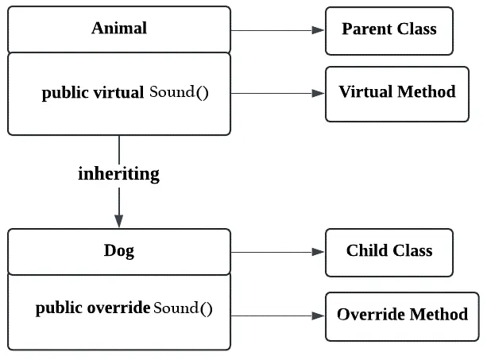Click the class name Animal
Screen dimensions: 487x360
tap(119, 28)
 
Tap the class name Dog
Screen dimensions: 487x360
tap(119, 250)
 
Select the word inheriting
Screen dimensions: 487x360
tap(118, 174)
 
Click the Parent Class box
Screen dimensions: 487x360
tap(389, 31)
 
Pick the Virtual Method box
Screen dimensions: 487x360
tap(397, 94)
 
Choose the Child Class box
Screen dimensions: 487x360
tap(389, 253)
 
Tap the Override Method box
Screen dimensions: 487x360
tap(402, 316)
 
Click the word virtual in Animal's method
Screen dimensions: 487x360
tap(118, 92)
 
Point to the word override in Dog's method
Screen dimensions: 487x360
tap(118, 308)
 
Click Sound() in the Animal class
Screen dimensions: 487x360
tap(179, 92)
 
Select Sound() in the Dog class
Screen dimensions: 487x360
tap(183, 308)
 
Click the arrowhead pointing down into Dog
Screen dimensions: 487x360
tap(119, 221)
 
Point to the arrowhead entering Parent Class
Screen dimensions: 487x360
tap(318, 30)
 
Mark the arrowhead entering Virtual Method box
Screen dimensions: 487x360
tap(318, 93)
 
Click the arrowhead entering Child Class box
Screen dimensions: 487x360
tap(318, 252)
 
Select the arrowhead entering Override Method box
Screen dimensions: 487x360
tap(318, 315)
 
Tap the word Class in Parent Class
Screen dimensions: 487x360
tap(417, 29)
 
